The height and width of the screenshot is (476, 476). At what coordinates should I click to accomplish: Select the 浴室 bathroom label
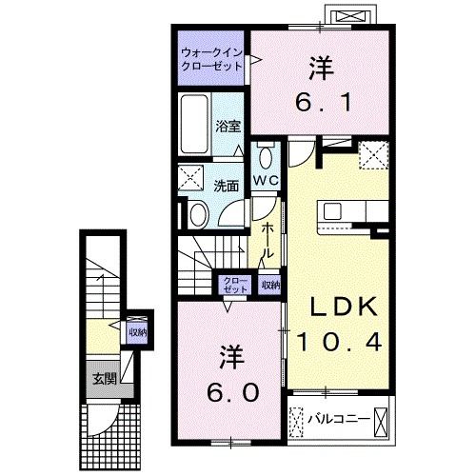[227, 126]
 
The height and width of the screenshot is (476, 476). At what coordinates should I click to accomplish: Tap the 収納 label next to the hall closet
[269, 284]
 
